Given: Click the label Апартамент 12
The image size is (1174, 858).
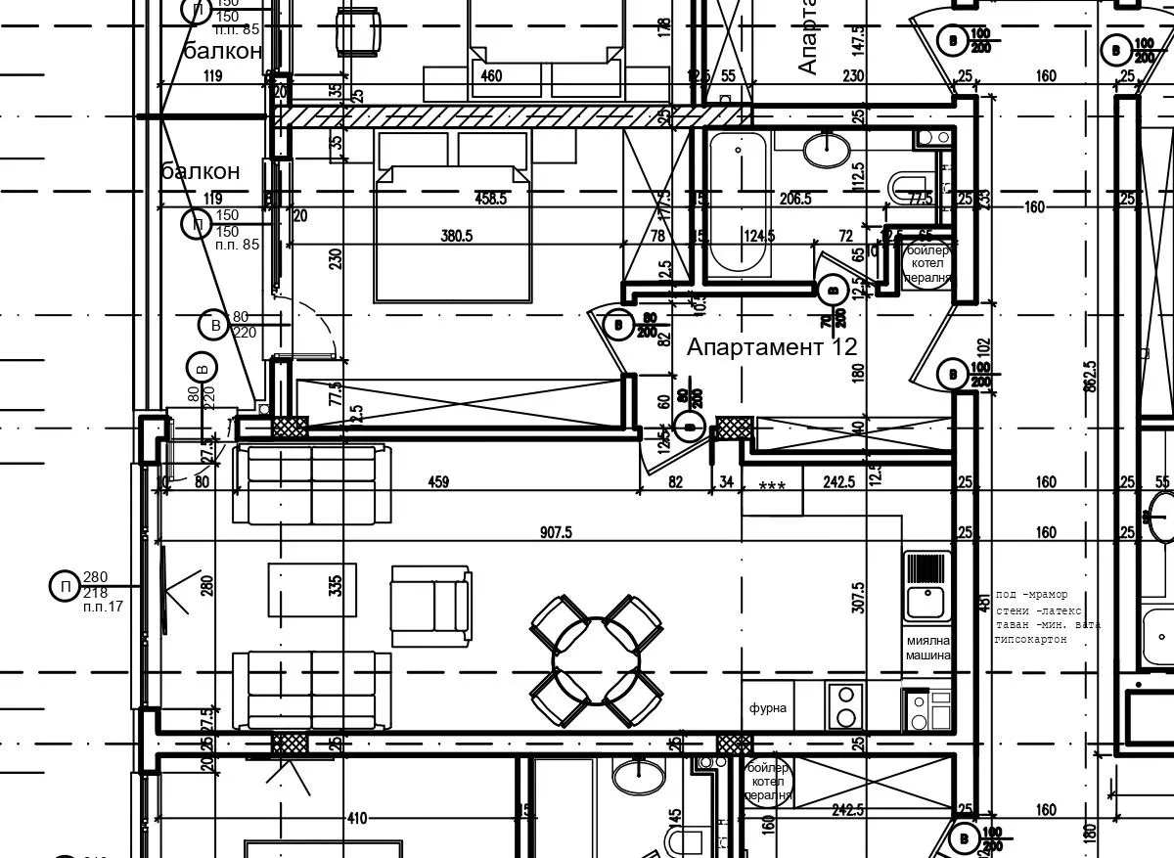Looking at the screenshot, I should tap(772, 346).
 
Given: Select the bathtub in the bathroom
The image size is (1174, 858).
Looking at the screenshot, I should tap(739, 203).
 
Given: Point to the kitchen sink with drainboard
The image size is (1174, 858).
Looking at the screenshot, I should tap(926, 586).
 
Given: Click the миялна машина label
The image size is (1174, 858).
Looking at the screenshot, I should tap(926, 649).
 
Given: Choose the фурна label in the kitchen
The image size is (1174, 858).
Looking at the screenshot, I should tap(768, 707).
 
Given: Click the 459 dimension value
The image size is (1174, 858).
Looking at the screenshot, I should tap(438, 481).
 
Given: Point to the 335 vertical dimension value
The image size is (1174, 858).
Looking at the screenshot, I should tap(336, 586).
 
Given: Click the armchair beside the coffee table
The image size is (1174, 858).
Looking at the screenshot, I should tap(430, 607).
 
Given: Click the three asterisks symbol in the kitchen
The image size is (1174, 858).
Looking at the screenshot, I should tap(772, 485).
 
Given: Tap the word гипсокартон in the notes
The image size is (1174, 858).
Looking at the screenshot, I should tap(1030, 639).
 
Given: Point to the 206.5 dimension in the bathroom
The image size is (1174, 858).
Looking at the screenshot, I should tap(794, 199).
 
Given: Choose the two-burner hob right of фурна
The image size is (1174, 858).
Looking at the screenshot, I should tap(844, 707).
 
